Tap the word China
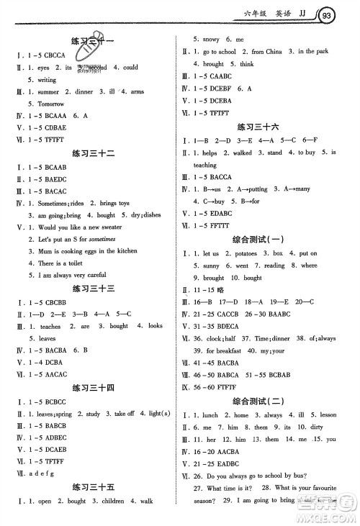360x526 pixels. (274, 52)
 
